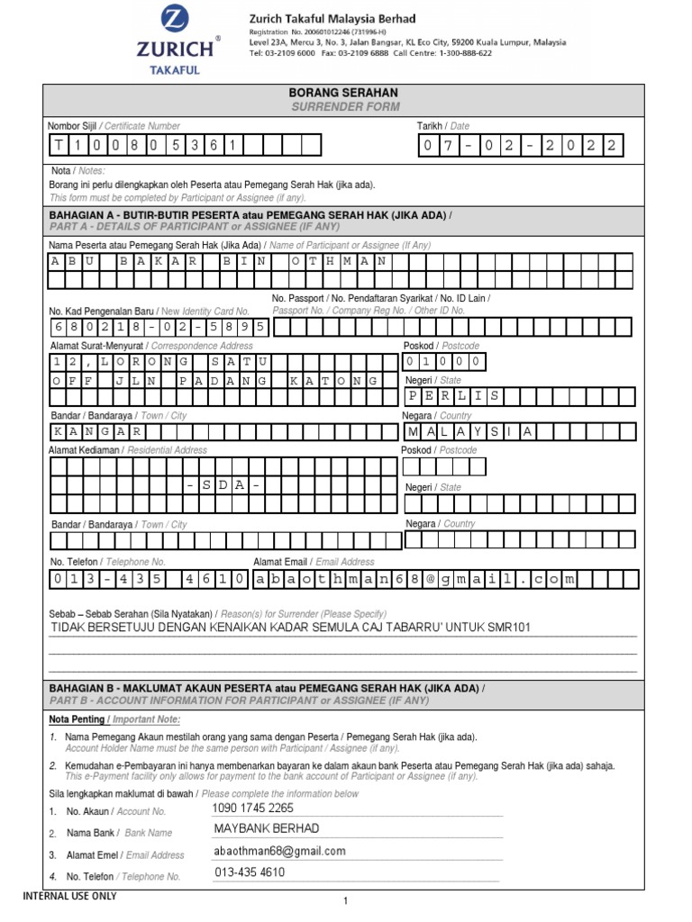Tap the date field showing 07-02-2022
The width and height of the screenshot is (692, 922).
[x=519, y=146]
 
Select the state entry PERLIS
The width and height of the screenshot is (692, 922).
[x=454, y=396]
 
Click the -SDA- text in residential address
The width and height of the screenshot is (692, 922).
[x=226, y=485]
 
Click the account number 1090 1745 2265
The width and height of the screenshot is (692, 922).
[x=252, y=809]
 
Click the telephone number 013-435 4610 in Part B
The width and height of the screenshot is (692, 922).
[x=250, y=872]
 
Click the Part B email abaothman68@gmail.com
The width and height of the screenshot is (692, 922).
[x=279, y=851]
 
